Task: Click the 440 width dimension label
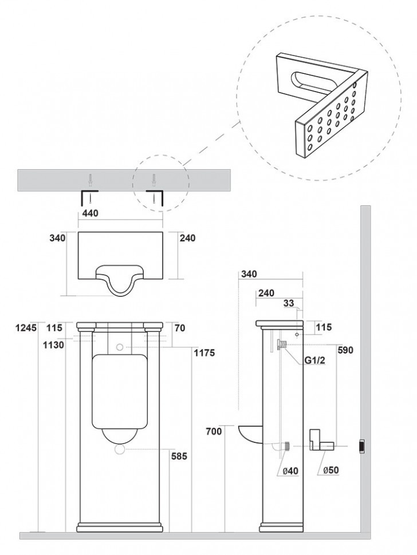(91, 213)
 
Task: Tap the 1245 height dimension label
(26, 327)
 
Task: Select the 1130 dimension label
(54, 344)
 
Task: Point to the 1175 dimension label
(204, 352)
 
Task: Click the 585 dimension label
(178, 456)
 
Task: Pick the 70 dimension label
(180, 328)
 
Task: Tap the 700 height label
(214, 431)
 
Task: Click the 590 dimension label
(345, 350)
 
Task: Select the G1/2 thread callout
(314, 360)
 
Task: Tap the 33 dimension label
(289, 303)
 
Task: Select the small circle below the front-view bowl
(120, 450)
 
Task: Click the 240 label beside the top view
(187, 238)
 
